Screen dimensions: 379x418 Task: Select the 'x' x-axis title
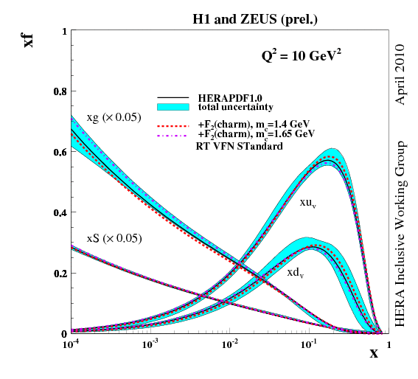coord(374,353)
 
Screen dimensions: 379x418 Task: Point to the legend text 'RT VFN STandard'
coord(235,145)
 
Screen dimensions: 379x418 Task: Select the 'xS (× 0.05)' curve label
coord(114,238)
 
